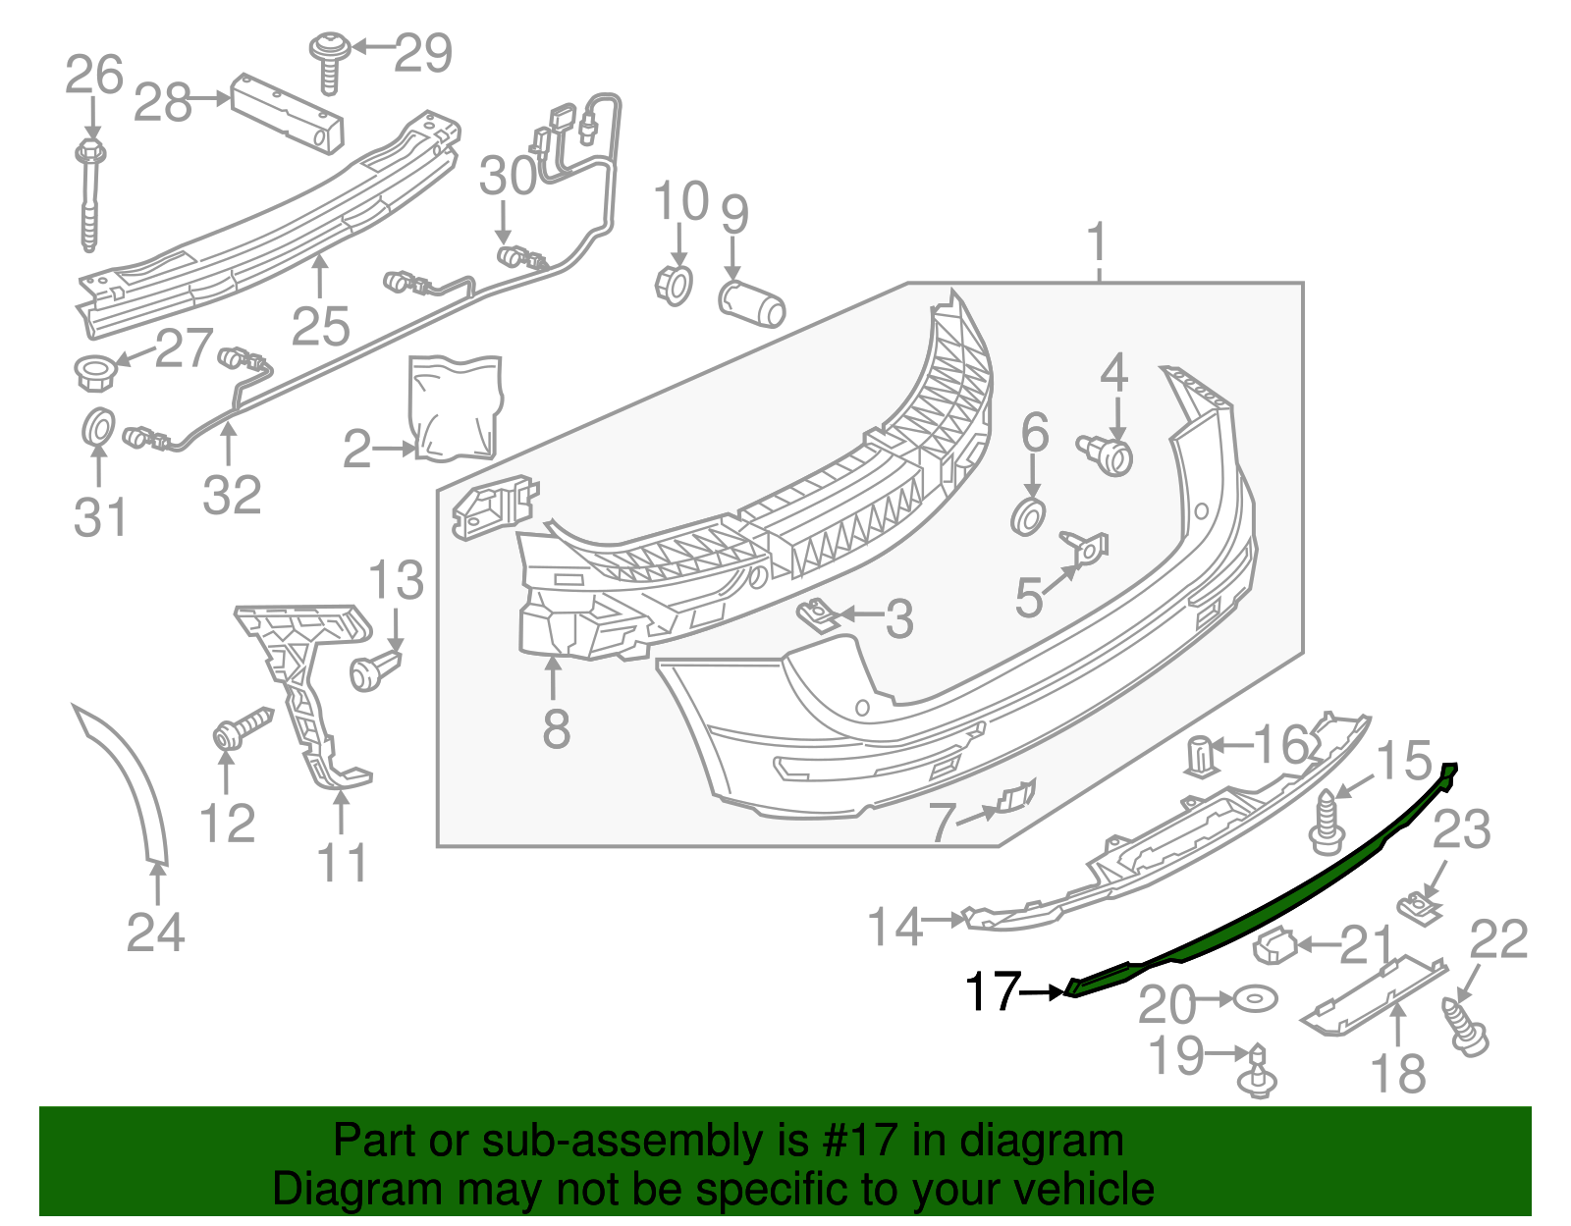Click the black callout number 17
[993, 991]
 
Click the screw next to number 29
[329, 61]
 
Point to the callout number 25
[320, 326]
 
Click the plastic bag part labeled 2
[455, 406]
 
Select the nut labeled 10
[674, 285]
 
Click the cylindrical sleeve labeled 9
[752, 302]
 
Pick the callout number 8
[556, 728]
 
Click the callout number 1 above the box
[1098, 242]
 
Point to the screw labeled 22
[1465, 1027]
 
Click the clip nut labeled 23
[1416, 907]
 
